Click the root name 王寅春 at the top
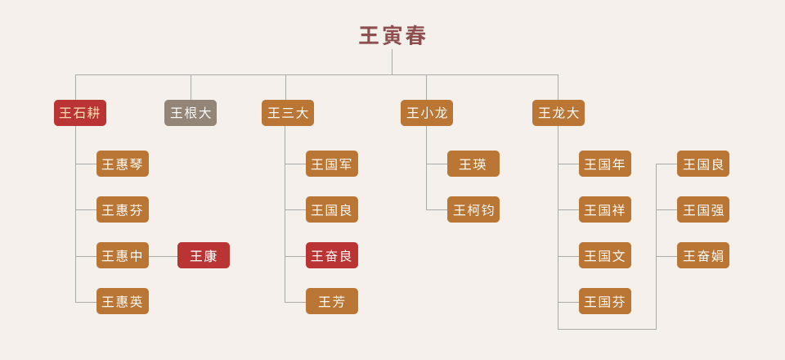click(x=392, y=36)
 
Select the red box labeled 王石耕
click(x=80, y=113)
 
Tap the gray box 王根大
click(x=191, y=113)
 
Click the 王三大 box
click(x=288, y=113)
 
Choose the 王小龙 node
click(x=427, y=113)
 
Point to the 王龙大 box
click(x=558, y=113)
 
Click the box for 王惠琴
click(x=123, y=164)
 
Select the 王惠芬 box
click(x=123, y=209)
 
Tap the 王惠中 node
click(x=123, y=255)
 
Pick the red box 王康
click(x=204, y=255)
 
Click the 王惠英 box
click(x=123, y=301)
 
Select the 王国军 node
click(x=332, y=164)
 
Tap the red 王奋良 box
click(x=332, y=255)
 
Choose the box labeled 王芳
click(x=332, y=301)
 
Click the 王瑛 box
click(x=473, y=164)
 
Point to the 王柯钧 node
click(x=473, y=209)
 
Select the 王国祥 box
click(x=605, y=209)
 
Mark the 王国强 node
click(x=703, y=209)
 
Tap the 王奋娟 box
click(x=703, y=255)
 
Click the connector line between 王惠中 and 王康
click(x=164, y=256)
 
